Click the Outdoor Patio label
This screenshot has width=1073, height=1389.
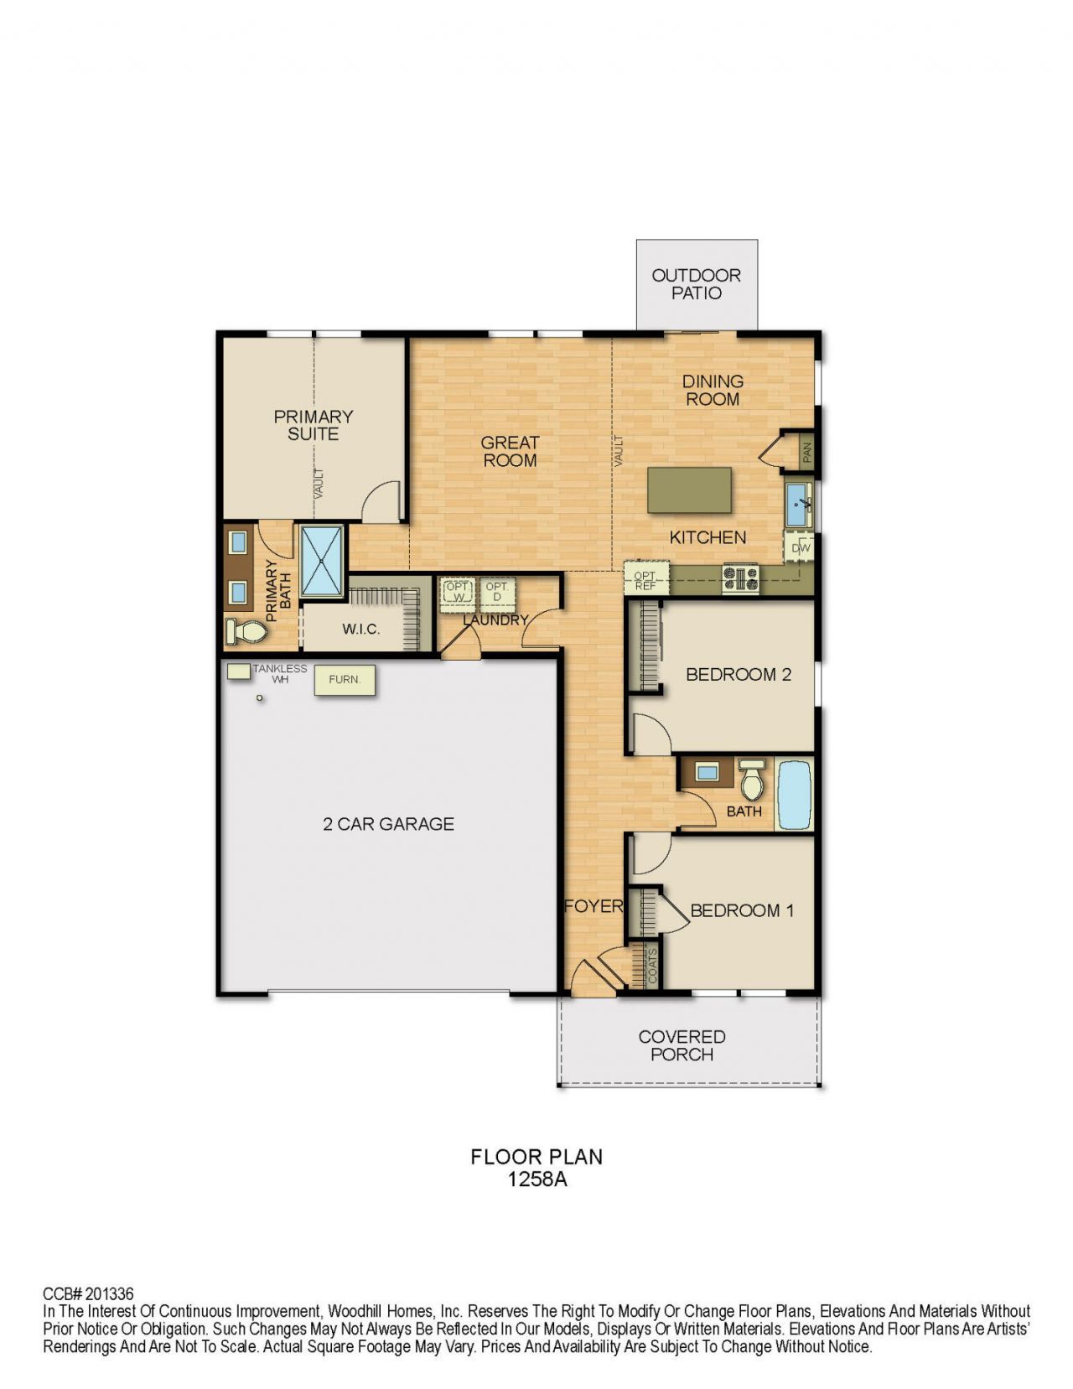[696, 284]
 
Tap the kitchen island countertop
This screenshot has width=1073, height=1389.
[689, 490]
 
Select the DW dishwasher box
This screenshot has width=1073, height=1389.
[801, 548]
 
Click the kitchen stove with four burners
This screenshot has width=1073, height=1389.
[740, 578]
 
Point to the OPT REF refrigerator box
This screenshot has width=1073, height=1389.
[645, 580]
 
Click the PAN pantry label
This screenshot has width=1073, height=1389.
[806, 453]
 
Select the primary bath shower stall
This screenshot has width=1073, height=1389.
[322, 561]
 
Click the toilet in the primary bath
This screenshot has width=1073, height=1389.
[246, 631]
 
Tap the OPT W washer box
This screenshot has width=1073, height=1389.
[458, 592]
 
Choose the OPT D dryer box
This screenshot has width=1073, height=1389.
[497, 592]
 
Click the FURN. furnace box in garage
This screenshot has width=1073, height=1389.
[345, 680]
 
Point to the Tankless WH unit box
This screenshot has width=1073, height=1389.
[239, 671]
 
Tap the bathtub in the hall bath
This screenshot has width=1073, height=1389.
[794, 794]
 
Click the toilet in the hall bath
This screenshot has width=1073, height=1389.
[752, 781]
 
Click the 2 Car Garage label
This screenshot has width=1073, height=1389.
[388, 824]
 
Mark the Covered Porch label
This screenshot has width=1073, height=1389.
[682, 1045]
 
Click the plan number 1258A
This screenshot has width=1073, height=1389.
[536, 1179]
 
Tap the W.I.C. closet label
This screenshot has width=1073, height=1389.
[360, 630]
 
